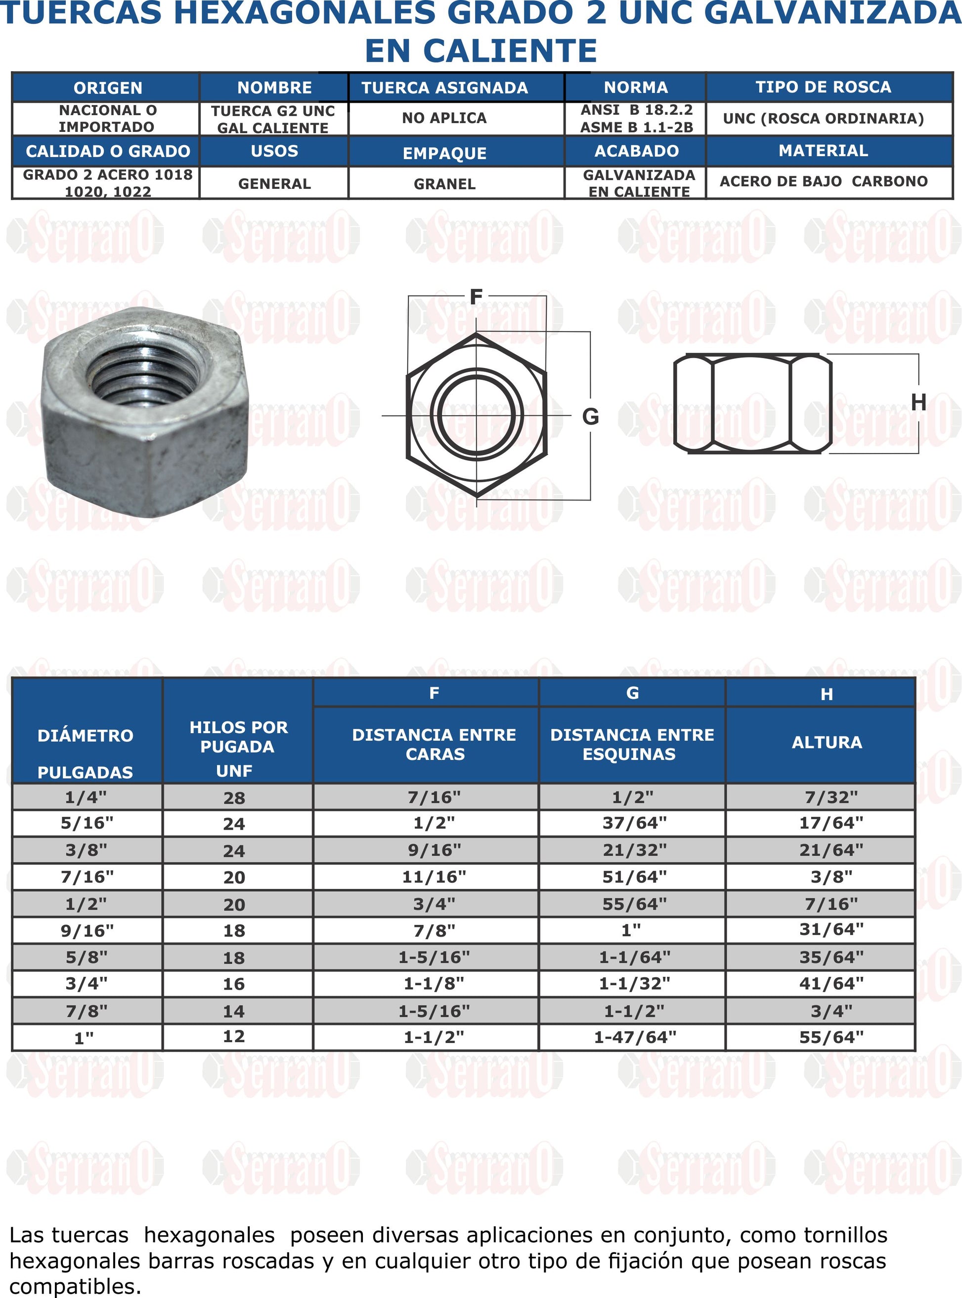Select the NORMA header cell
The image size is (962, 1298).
(x=635, y=87)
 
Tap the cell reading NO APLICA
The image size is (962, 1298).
(x=444, y=118)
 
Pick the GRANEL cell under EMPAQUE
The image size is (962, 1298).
(x=444, y=184)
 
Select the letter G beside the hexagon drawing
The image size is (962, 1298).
(x=590, y=417)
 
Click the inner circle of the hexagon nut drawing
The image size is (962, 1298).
(x=477, y=415)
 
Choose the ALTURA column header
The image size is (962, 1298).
(x=827, y=742)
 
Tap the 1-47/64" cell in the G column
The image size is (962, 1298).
(x=634, y=1037)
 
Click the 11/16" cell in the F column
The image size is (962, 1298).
(x=434, y=877)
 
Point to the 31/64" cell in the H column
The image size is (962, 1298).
(x=831, y=929)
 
